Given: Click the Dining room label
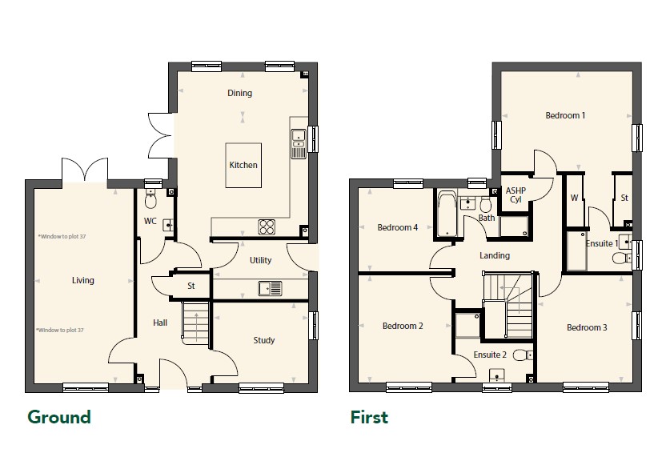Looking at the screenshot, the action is coord(239,93).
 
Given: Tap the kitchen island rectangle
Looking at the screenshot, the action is coord(243,165).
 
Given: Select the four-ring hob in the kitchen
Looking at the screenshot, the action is coord(267,226).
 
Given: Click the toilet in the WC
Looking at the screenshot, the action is coord(150,199).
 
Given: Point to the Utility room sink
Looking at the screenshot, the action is coord(270,288).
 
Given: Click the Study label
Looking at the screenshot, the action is coord(263,340).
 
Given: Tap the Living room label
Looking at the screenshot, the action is coord(83,280).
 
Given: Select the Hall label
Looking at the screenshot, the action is coord(160,323).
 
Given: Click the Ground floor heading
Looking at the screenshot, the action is coord(59,417).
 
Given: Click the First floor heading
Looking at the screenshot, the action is coord(369,417).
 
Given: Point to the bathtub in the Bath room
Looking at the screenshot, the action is coord(447,214).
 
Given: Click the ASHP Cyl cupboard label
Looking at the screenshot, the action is coord(516,194).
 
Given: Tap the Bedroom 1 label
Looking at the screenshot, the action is coord(565,115).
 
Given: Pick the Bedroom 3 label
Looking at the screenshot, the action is coord(587,327).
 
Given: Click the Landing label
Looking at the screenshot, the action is coord(495,255).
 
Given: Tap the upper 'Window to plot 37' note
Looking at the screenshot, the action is coord(62,236).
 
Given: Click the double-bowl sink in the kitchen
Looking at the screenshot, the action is coord(299,143).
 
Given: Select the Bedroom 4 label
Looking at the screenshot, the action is coord(397,227).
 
